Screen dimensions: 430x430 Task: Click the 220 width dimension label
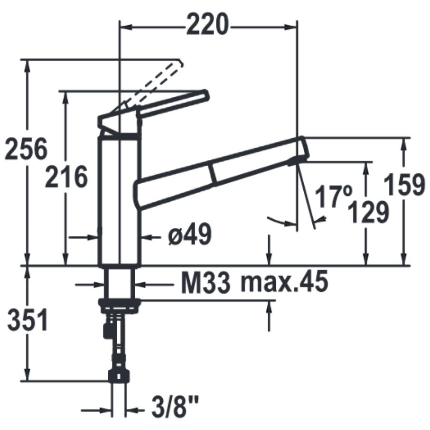pos(207,25)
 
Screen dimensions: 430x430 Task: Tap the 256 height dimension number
pos(26,149)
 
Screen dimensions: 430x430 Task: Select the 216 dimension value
pos(66,177)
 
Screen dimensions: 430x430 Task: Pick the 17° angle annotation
pos(333,196)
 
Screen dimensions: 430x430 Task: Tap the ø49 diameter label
pos(190,234)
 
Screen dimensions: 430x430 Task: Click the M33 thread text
pos(206,282)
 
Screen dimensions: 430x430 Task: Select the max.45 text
pos(284,282)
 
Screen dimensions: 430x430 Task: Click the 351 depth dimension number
pos(28,320)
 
